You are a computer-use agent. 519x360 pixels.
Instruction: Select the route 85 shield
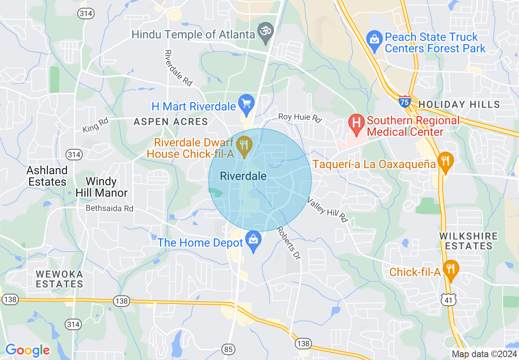pyautogui.click(x=228, y=349)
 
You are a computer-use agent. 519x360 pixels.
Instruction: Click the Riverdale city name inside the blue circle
pyautogui.click(x=243, y=176)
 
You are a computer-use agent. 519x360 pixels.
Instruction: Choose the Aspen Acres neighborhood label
pyautogui.click(x=171, y=122)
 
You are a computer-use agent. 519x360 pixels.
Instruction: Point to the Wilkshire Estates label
pyautogui.click(x=469, y=241)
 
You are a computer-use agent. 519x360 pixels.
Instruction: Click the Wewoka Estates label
pyautogui.click(x=59, y=279)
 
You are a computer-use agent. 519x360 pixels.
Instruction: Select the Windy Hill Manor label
pyautogui.click(x=102, y=187)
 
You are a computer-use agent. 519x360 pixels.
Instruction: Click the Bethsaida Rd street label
pyautogui.click(x=110, y=208)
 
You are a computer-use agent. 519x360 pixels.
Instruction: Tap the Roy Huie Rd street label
pyautogui.click(x=300, y=117)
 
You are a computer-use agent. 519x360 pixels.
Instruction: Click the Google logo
pyautogui.click(x=27, y=351)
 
